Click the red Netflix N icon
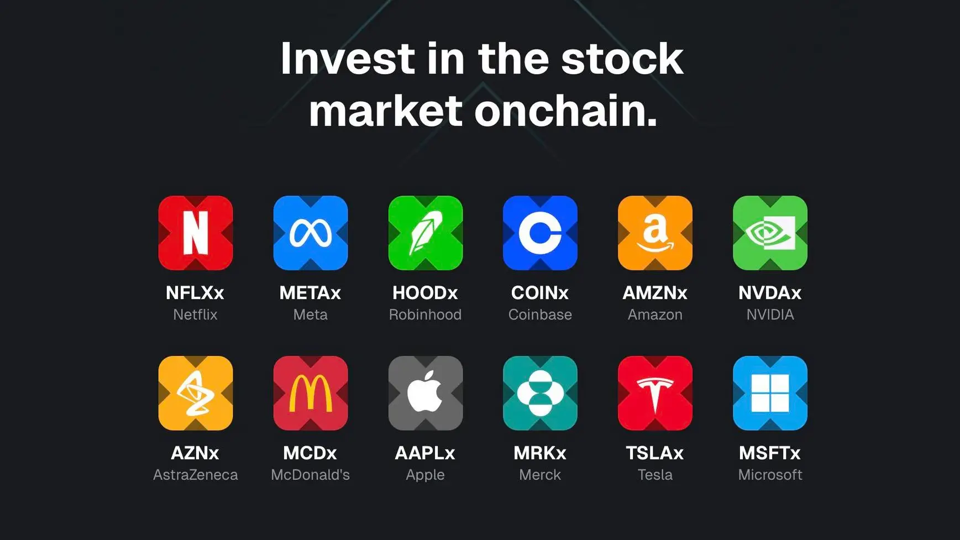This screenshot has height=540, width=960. coord(195,233)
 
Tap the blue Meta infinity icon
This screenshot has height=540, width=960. coord(310,233)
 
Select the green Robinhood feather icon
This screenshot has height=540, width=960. coord(425,233)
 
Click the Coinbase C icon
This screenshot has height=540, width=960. coord(540,233)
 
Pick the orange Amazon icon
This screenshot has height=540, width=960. coord(655,233)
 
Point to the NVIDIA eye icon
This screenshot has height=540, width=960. coord(770,233)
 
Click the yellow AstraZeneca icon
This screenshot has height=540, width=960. coord(195,393)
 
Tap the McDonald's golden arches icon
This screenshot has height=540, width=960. coord(310,393)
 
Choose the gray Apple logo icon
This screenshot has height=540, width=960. coord(425,393)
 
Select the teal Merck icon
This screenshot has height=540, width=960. coord(540,393)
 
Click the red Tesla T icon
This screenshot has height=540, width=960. coord(655,393)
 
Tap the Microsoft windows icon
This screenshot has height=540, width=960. coord(770,393)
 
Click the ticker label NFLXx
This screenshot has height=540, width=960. coord(195,293)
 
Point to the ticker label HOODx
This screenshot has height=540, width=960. coord(425,293)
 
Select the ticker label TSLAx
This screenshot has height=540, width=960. coord(655,453)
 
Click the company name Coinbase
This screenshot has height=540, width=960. coord(540,314)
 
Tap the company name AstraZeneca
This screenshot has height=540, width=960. coord(195,475)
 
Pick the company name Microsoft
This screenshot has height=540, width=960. coord(770,475)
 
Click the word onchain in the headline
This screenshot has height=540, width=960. coord(565,111)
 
